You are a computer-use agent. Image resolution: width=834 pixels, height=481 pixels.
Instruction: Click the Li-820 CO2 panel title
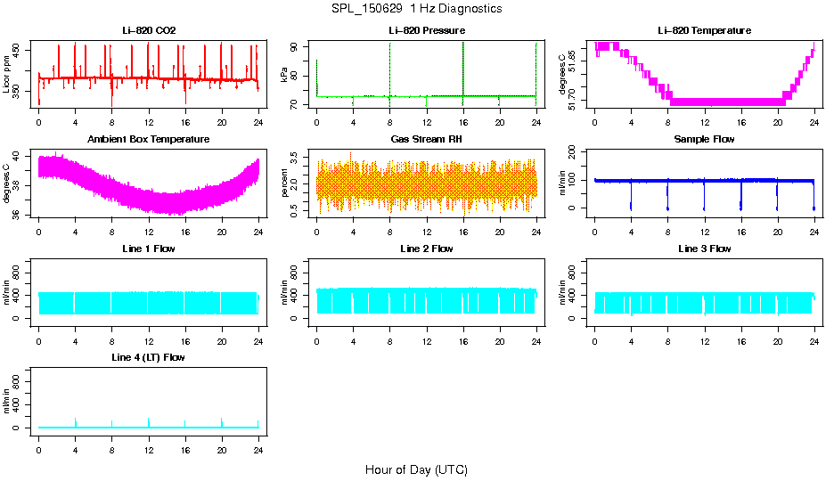tap(149, 30)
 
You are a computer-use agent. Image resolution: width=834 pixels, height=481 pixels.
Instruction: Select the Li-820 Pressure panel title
tap(426, 30)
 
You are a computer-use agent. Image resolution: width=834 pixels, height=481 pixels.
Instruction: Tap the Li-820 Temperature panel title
tap(704, 30)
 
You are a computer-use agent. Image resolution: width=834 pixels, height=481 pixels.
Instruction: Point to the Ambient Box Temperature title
tap(149, 140)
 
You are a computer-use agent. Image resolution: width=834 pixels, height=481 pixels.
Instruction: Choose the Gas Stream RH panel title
tap(426, 140)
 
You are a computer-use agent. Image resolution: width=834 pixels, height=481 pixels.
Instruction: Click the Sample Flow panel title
tap(704, 140)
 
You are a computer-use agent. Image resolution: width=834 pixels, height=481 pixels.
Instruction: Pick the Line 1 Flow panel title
tap(149, 249)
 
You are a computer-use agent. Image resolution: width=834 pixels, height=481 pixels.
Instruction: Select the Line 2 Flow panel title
tap(426, 249)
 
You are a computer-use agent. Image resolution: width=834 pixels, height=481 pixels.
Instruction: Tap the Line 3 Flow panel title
tap(704, 249)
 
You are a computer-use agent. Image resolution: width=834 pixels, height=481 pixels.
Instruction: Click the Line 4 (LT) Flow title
tap(149, 357)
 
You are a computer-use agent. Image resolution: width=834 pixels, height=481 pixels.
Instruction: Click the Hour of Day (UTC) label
tap(416, 469)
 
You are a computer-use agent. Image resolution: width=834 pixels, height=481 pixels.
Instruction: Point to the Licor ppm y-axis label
tap(7, 75)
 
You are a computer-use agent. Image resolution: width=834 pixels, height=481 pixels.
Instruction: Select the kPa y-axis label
tap(284, 75)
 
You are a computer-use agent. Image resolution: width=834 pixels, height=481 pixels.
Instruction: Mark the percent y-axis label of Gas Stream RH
tap(284, 183)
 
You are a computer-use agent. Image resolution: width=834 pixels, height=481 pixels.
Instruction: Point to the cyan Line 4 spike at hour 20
tap(222, 422)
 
